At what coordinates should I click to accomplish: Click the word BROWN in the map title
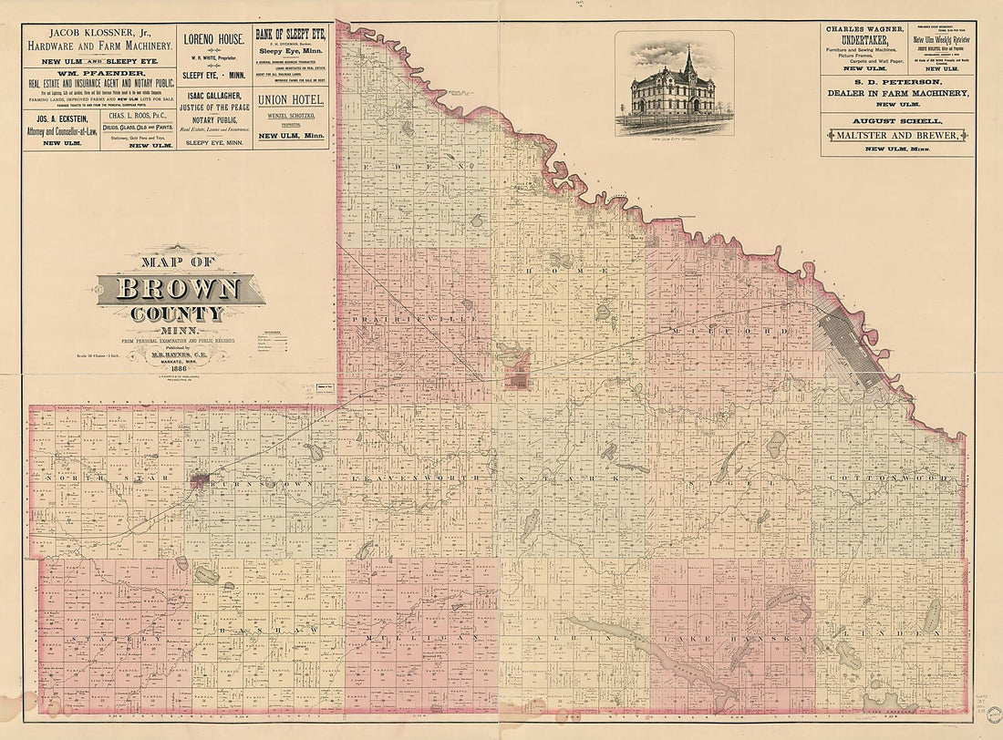click(x=179, y=290)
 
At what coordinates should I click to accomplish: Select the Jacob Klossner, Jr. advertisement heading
click(x=98, y=36)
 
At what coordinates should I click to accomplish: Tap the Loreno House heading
click(x=213, y=39)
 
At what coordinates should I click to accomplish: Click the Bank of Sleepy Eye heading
click(x=290, y=35)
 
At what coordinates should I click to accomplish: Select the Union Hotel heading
click(x=290, y=99)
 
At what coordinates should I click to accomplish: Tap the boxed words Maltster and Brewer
click(x=896, y=135)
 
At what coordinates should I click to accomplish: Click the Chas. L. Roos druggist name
click(x=139, y=117)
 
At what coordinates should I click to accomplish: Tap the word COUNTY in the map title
click(x=179, y=314)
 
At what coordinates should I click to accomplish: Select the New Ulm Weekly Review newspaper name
click(x=941, y=40)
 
